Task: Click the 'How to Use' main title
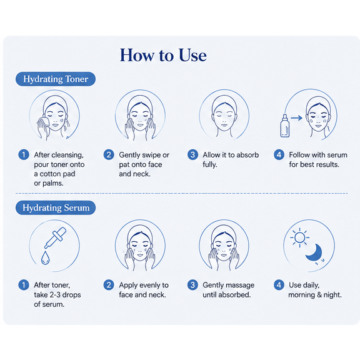tap(163, 55)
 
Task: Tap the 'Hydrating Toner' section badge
tap(56, 79)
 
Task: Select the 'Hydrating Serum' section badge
tap(56, 207)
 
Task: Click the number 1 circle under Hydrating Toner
tap(23, 155)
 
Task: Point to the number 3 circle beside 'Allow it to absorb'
tap(192, 155)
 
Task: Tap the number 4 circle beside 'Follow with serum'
tap(279, 155)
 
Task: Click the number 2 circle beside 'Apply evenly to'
tap(109, 285)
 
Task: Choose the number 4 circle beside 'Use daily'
tap(279, 285)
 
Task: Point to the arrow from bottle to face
tap(297, 118)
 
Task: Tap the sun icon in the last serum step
tap(299, 237)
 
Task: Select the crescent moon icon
tap(314, 252)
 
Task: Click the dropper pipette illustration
tap(56, 237)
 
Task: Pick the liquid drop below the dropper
tap(45, 257)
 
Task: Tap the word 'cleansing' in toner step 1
tap(68, 155)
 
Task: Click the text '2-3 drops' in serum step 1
tap(66, 294)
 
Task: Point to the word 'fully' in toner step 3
tap(210, 164)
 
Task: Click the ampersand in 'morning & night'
tap(319, 295)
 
